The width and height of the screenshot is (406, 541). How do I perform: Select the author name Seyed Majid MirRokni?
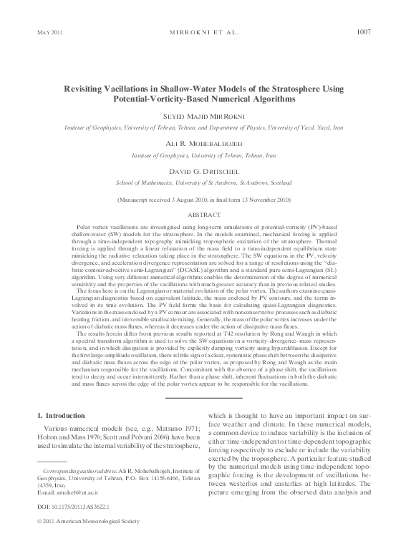(203, 114)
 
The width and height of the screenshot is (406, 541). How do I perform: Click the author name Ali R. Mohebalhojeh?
(203, 144)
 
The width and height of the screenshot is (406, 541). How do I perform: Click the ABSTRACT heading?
(203, 214)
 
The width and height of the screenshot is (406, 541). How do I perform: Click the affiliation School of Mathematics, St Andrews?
(203, 184)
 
